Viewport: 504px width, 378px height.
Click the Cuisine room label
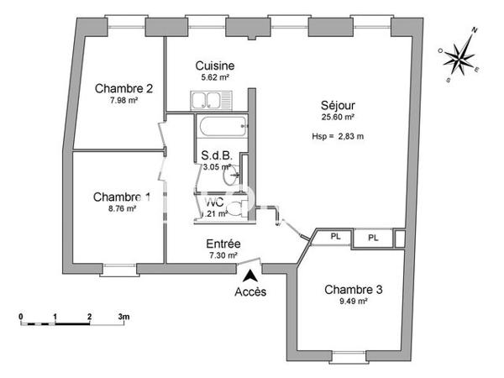pos(214,66)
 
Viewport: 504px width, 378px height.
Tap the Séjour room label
pos(337,106)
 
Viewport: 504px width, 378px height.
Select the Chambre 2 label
pos(123,88)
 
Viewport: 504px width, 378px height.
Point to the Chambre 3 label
pos(354,290)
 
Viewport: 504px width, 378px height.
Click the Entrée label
pos(223,244)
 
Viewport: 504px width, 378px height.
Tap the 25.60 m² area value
pos(337,118)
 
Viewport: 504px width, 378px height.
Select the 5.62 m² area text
pos(214,77)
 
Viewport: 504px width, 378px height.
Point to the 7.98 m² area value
pos(123,100)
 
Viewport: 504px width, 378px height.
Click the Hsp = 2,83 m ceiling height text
pos(337,135)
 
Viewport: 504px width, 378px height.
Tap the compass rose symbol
pos(460,56)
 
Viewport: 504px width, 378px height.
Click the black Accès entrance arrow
pos(249,274)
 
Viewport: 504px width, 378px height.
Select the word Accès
pos(250,292)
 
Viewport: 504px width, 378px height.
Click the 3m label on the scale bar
pos(125,318)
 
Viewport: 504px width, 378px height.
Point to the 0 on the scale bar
pos(21,318)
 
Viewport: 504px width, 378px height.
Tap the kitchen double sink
pos(206,102)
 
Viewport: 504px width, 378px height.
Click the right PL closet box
pos(373,238)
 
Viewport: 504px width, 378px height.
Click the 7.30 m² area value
pos(223,255)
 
